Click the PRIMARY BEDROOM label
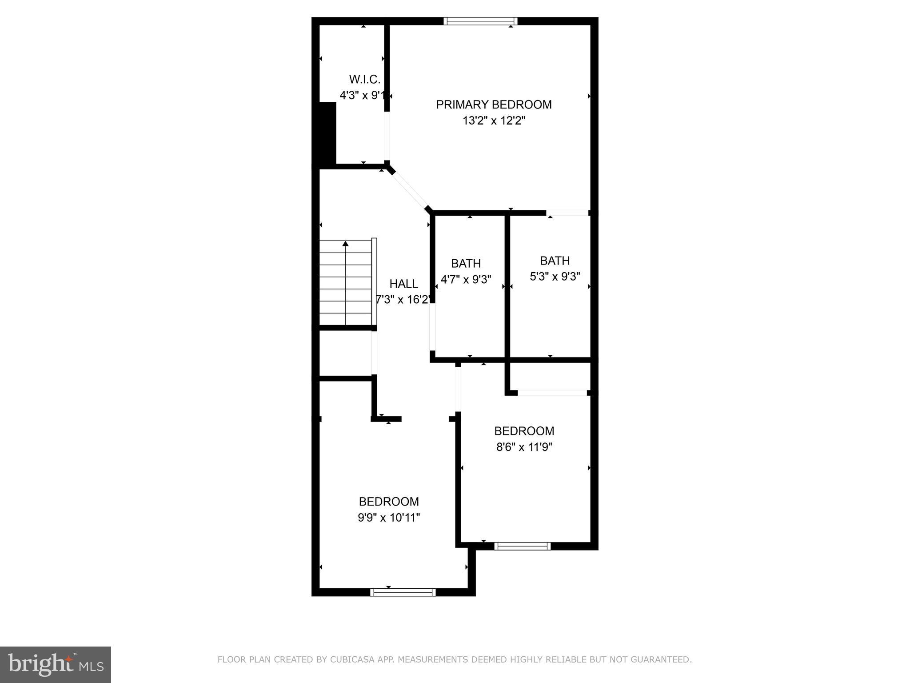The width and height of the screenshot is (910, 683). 494,104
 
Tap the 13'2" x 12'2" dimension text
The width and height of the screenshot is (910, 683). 494,121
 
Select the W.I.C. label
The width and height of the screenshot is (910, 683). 364,80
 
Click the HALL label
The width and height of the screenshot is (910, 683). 403,284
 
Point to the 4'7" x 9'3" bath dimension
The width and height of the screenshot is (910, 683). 466,280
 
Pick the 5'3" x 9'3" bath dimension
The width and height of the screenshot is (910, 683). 555,277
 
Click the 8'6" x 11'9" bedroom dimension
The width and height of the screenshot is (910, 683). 524,447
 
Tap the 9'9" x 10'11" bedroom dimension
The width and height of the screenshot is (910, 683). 389,518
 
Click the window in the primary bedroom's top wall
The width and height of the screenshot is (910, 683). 480,21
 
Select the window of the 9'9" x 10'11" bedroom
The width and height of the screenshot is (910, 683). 403,592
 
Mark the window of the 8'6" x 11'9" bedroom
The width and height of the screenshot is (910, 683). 522,546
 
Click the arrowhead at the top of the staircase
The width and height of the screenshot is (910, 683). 345,244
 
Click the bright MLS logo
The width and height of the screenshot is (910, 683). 55,664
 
